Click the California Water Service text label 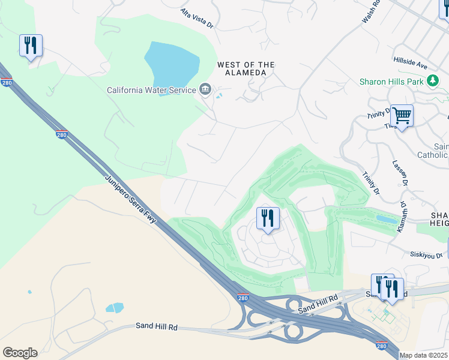pyautogui.click(x=151, y=90)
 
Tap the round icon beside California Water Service pyautogui.click(x=205, y=90)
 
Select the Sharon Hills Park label pyautogui.click(x=392, y=82)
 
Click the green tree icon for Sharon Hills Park pyautogui.click(x=433, y=81)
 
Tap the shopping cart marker pyautogui.click(x=402, y=115)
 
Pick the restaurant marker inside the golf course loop pyautogui.click(x=268, y=218)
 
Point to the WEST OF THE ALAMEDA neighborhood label pyautogui.click(x=246, y=68)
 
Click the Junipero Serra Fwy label pyautogui.click(x=131, y=201)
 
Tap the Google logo pyautogui.click(x=20, y=353)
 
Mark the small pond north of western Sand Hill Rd pyautogui.click(x=115, y=308)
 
